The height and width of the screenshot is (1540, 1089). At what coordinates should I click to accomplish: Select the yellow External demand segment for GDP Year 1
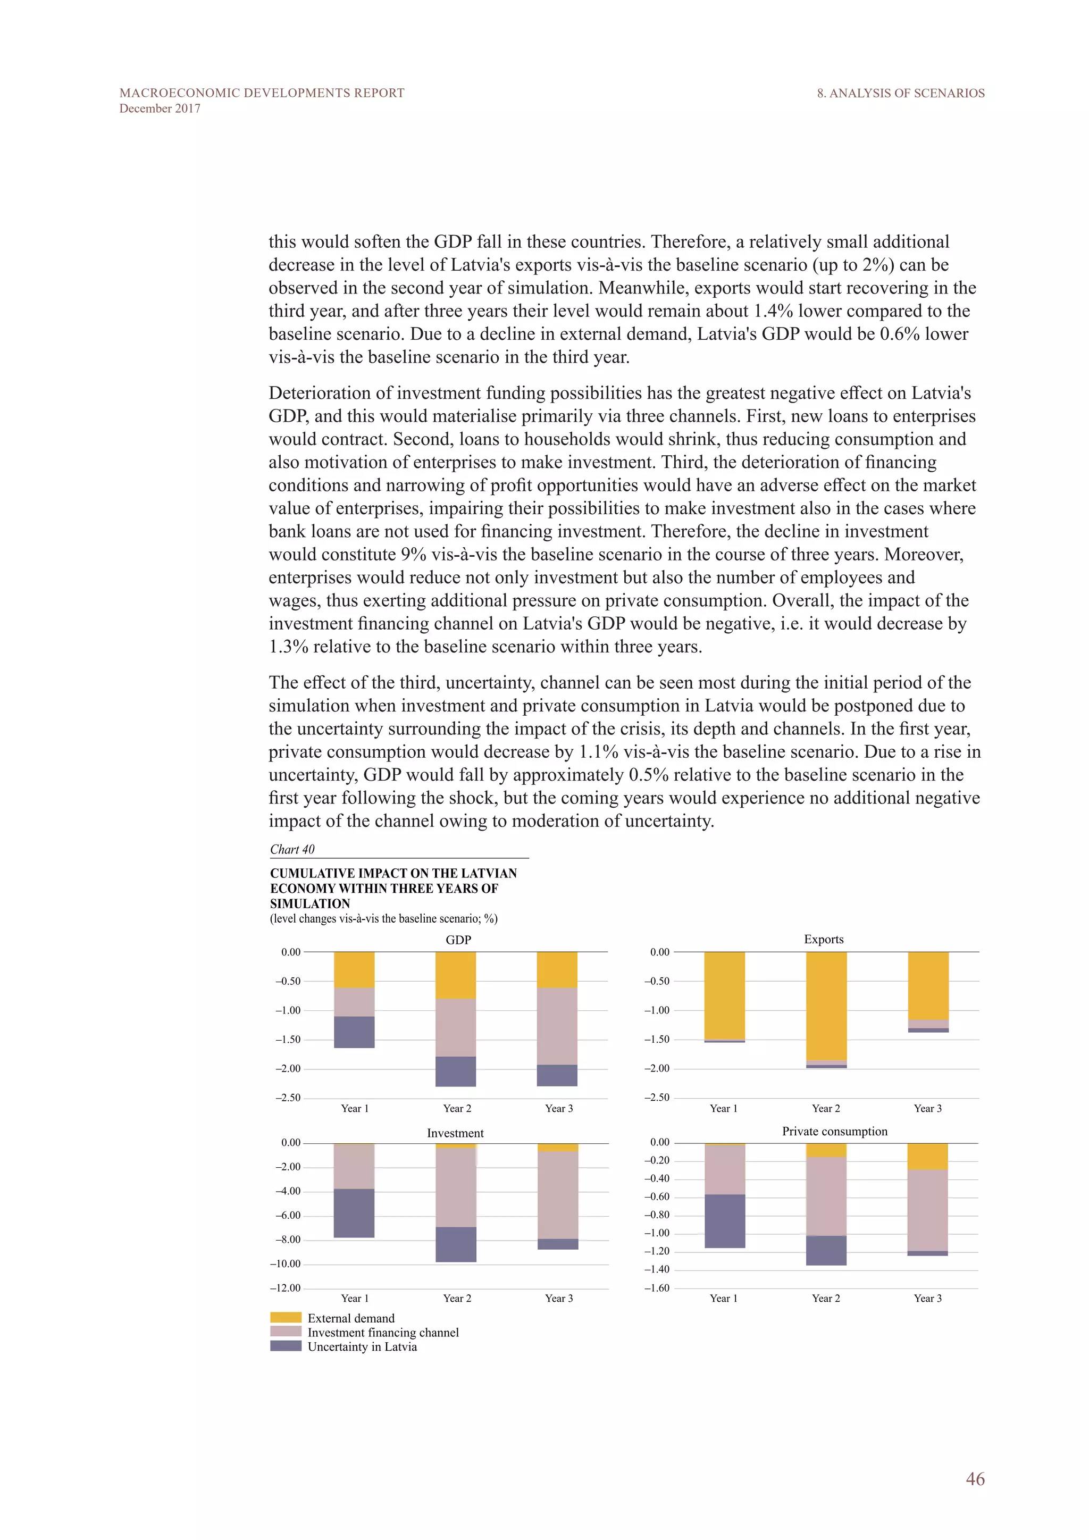click(x=354, y=969)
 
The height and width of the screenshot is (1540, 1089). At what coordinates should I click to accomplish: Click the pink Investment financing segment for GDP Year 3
click(x=557, y=1026)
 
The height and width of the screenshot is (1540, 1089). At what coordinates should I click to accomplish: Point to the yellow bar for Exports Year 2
click(x=826, y=1006)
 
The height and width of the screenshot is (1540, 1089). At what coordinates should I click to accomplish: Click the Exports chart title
click(x=824, y=939)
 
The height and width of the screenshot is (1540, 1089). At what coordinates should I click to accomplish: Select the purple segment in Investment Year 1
click(x=354, y=1212)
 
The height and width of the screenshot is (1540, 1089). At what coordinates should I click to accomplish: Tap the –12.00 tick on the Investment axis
click(x=286, y=1288)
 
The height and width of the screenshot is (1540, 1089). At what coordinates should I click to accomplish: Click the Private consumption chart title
click(x=834, y=1131)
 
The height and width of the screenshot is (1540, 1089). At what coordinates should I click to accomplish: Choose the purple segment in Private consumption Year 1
click(x=724, y=1221)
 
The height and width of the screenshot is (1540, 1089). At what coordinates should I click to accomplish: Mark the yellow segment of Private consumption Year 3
click(x=927, y=1157)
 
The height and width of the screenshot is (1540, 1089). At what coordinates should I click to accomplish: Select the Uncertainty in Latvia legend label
click(x=362, y=1347)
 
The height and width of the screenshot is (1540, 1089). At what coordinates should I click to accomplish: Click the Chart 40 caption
click(x=292, y=849)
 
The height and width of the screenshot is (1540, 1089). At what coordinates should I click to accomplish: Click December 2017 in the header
click(x=160, y=108)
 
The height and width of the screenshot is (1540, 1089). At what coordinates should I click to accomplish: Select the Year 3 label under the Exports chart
click(x=927, y=1108)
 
